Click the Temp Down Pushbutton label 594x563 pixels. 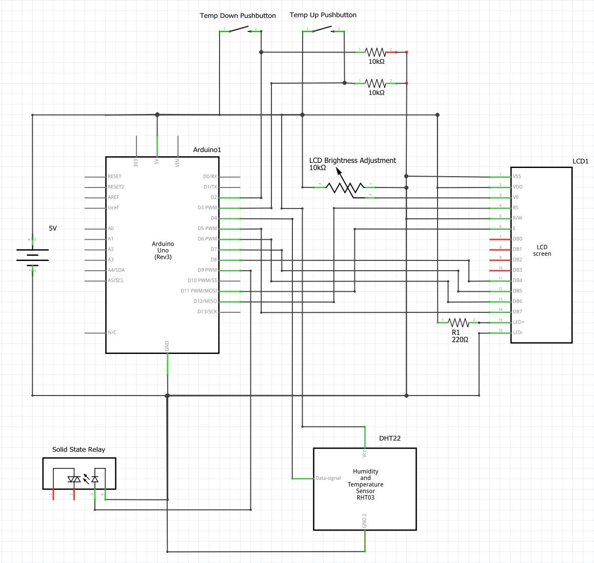pyautogui.click(x=237, y=16)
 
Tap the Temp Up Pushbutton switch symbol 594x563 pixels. pyautogui.click(x=323, y=31)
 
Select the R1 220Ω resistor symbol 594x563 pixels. pyautogui.click(x=459, y=323)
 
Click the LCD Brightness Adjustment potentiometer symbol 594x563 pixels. pyautogui.click(x=345, y=187)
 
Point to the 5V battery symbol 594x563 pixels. pyautogui.click(x=33, y=255)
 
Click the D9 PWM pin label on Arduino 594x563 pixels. pyautogui.click(x=207, y=270)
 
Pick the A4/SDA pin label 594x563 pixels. pyautogui.click(x=116, y=270)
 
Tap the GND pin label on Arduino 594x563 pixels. pyautogui.click(x=167, y=346)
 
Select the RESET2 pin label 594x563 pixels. pyautogui.click(x=116, y=187)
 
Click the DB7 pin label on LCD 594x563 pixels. pyautogui.click(x=518, y=312)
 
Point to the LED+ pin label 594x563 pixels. pyautogui.click(x=519, y=322)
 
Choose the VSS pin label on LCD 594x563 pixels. pyautogui.click(x=517, y=177)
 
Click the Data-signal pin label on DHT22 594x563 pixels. pyautogui.click(x=328, y=478)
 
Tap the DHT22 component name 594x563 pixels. pyautogui.click(x=390, y=439)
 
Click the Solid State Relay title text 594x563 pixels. pyautogui.click(x=78, y=449)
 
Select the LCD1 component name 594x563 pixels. pyautogui.click(x=580, y=161)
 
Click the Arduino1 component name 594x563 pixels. pyautogui.click(x=207, y=150)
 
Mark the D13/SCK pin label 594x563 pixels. pyautogui.click(x=207, y=312)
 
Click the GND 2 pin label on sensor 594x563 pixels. pyautogui.click(x=365, y=521)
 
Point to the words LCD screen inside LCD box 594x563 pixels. pyautogui.click(x=542, y=250)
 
